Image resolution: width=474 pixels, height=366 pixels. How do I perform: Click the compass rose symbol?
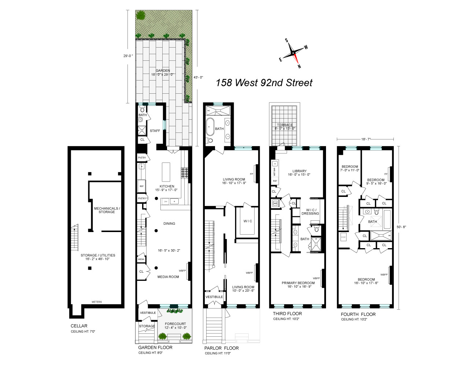tap(293, 53)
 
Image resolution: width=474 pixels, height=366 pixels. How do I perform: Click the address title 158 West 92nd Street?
tap(264, 83)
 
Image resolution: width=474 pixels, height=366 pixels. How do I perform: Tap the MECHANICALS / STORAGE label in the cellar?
tap(107, 210)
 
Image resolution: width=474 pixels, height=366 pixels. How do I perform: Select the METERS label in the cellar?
tap(97, 302)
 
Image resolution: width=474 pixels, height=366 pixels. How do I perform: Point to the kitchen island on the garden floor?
tap(166, 172)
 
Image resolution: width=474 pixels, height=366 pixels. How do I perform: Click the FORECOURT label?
tap(175, 324)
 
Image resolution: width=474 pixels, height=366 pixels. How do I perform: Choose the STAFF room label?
tap(155, 131)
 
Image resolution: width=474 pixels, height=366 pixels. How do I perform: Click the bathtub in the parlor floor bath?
tap(210, 127)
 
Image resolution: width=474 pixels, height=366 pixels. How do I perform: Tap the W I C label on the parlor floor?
tap(248, 221)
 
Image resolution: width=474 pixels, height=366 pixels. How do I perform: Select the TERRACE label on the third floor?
tap(285, 125)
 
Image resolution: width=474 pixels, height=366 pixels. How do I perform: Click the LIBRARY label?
tap(299, 171)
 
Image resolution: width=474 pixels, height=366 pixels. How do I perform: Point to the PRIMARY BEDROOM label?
tap(298, 283)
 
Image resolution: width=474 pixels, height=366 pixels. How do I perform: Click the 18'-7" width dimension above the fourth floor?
tap(365, 139)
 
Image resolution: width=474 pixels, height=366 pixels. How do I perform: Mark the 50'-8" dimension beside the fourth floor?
tap(401, 227)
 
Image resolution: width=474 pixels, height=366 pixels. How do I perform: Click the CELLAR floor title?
tap(79, 326)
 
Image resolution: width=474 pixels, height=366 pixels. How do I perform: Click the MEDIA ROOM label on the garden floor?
tap(168, 277)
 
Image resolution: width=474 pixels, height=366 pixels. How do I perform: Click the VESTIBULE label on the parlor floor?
tap(214, 297)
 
